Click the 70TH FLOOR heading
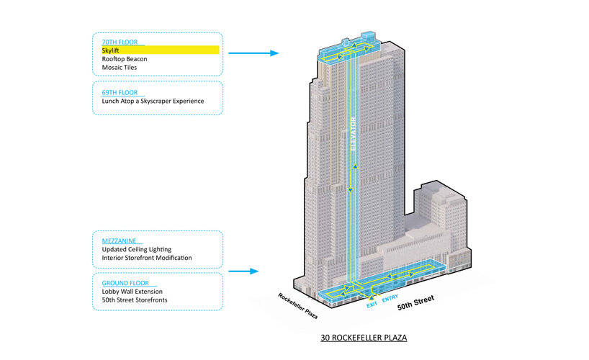click(x=120, y=41)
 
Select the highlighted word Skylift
click(x=111, y=50)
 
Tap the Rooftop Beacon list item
click(x=124, y=59)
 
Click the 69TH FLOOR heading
click(x=120, y=91)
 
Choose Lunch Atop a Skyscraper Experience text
click(x=153, y=101)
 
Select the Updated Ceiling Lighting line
click(x=136, y=249)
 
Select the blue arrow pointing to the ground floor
click(x=244, y=271)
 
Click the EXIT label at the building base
click(x=372, y=305)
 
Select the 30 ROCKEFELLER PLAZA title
click(x=358, y=338)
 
